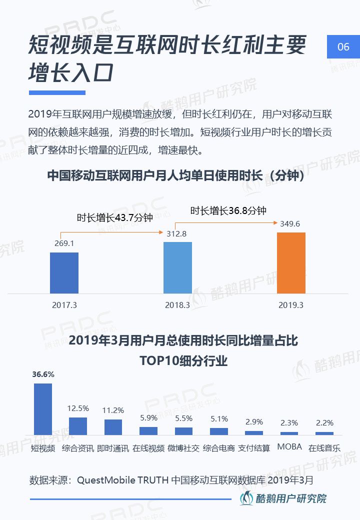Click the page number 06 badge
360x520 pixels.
343,47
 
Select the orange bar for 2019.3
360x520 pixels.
291,262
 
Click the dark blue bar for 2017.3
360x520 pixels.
64,272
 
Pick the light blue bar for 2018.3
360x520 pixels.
177,267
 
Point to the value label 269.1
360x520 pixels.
64,244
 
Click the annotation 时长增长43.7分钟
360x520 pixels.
114,217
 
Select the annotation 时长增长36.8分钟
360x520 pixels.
228,210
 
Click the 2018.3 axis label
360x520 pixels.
177,304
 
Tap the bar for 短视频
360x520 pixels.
42,408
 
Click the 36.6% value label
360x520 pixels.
43,374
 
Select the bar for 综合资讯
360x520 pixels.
78,425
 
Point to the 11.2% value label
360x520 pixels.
113,410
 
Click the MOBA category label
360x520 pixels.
289,446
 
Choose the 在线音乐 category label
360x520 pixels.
324,448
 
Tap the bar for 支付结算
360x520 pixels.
254,432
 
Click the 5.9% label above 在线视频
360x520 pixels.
148,417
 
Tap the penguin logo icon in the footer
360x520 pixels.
246,498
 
